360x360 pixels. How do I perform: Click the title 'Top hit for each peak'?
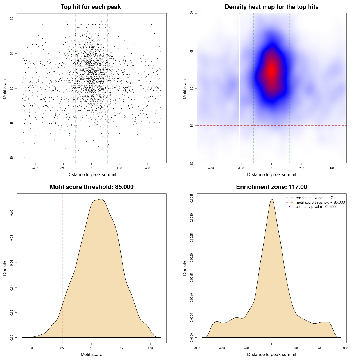click(x=91, y=7)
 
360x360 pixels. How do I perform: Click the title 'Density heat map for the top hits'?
click(x=271, y=7)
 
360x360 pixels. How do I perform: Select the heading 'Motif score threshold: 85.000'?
click(x=91, y=187)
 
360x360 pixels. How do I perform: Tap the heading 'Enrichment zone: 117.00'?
click(x=271, y=187)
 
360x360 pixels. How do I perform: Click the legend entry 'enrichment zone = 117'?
click(x=314, y=198)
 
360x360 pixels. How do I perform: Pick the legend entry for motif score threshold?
click(x=320, y=202)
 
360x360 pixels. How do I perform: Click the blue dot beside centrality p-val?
click(x=289, y=207)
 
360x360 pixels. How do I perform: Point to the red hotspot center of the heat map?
click(x=271, y=70)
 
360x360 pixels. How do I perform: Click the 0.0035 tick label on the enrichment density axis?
click(x=192, y=198)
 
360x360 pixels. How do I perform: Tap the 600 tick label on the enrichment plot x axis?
click(x=346, y=348)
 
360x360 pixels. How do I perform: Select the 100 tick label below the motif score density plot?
click(x=150, y=348)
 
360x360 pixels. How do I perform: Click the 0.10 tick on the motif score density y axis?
click(x=12, y=213)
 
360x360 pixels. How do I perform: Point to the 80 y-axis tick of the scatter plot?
click(x=12, y=157)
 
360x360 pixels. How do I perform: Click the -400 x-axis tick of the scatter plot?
click(x=35, y=168)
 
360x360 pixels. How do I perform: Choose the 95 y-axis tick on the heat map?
click(x=192, y=51)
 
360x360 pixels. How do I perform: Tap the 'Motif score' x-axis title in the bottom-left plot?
click(x=91, y=354)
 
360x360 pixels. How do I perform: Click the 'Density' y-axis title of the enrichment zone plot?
click(x=185, y=268)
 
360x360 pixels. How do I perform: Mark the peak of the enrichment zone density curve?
click(x=272, y=199)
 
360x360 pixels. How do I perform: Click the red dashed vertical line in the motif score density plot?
click(x=62, y=267)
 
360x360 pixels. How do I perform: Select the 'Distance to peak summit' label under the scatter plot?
click(x=92, y=174)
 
